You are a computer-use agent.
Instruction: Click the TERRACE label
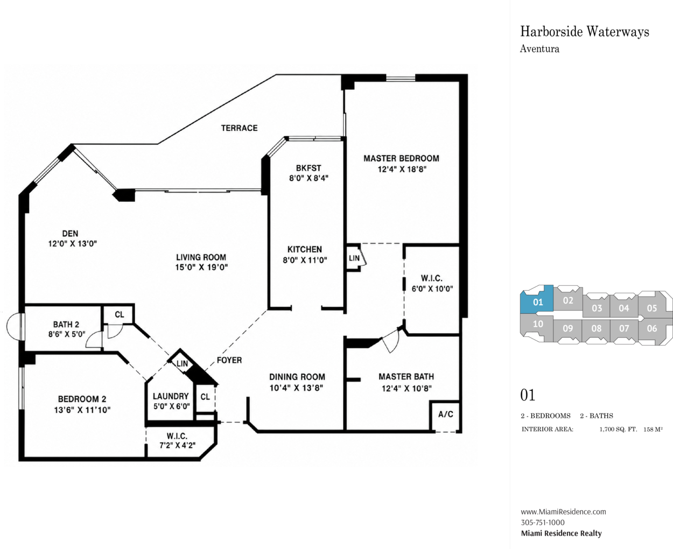(240, 128)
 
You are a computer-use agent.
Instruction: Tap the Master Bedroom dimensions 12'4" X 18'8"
(402, 169)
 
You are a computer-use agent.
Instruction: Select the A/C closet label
(445, 414)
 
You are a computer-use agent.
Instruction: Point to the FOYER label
(229, 360)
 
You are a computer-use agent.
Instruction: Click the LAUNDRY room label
(171, 396)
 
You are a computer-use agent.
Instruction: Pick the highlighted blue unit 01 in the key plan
(537, 299)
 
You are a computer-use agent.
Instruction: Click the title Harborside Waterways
(585, 32)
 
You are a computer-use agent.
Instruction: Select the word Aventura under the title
(539, 49)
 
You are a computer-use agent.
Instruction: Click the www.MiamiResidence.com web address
(563, 512)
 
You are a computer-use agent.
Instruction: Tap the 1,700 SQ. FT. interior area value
(618, 430)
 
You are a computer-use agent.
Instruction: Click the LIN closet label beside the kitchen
(354, 258)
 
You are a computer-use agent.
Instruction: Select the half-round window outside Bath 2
(13, 326)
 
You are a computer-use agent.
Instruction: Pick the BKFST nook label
(309, 168)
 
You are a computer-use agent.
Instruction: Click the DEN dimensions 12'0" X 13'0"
(73, 244)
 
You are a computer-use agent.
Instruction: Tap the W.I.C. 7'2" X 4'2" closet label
(178, 440)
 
